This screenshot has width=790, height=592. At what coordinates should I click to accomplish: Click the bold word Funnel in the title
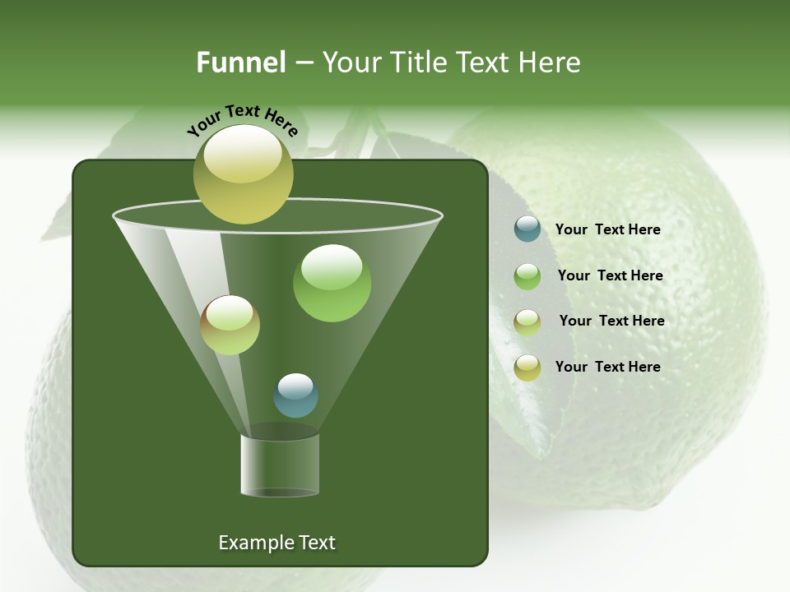pos(241,62)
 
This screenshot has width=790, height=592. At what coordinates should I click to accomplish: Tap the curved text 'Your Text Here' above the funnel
pos(242,118)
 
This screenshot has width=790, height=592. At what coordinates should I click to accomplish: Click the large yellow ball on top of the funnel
pos(243,174)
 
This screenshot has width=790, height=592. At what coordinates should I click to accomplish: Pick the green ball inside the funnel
pos(332,283)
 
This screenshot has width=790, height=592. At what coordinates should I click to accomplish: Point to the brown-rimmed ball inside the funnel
pos(230,325)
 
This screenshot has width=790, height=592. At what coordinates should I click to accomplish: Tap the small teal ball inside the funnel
pos(295,395)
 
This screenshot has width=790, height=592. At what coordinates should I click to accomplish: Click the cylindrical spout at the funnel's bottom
pos(280,465)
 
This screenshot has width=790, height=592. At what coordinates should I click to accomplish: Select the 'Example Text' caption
pos(276,543)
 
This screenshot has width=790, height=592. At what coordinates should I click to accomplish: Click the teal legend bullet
pos(527,229)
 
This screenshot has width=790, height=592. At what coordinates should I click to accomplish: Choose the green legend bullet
pos(527,275)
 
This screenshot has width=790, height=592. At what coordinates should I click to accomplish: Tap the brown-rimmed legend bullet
pos(527,321)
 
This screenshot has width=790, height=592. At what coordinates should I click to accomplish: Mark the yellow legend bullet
pos(527,367)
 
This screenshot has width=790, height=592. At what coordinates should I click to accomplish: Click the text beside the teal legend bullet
pos(607,229)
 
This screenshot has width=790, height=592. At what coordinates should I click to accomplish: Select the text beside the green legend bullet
pos(610,275)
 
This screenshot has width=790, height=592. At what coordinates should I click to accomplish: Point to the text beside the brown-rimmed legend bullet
pos(611,321)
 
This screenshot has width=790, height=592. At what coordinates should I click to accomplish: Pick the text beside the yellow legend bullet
pos(607,367)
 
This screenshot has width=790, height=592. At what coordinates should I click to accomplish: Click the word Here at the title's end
pos(551,62)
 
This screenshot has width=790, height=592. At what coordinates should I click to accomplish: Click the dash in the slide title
pos(304,62)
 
